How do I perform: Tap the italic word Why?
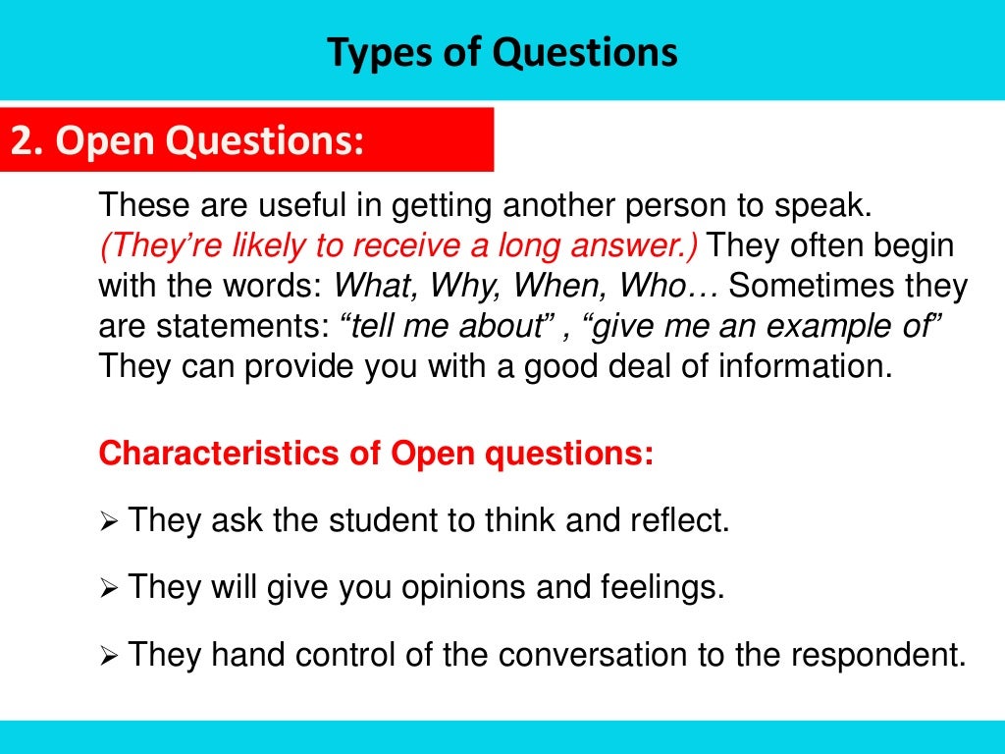[449, 287]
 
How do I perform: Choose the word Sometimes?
[810, 287]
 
